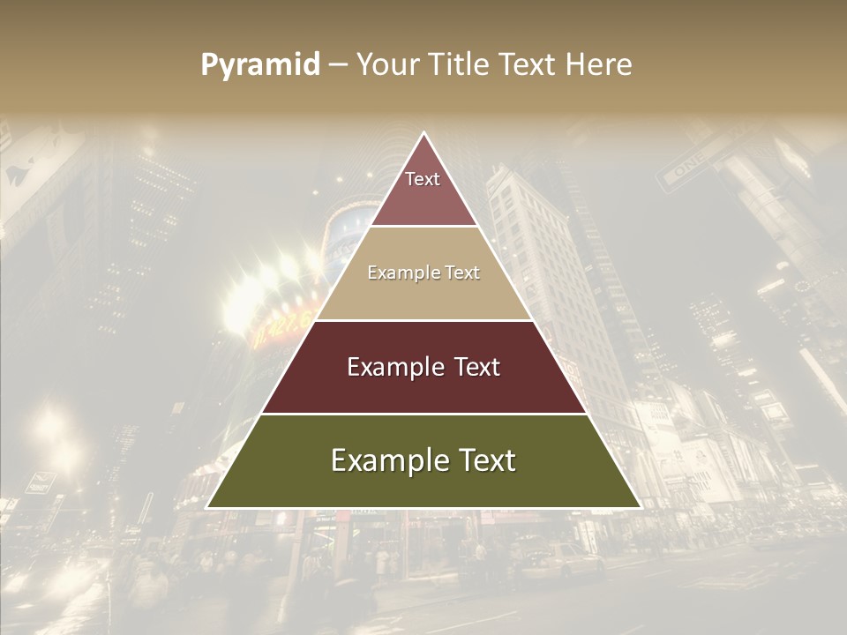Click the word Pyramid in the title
point(259,65)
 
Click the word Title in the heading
point(457,64)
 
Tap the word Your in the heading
point(385,64)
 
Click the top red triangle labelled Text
point(423,190)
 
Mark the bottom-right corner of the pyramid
point(639,507)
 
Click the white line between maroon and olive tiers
point(423,414)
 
